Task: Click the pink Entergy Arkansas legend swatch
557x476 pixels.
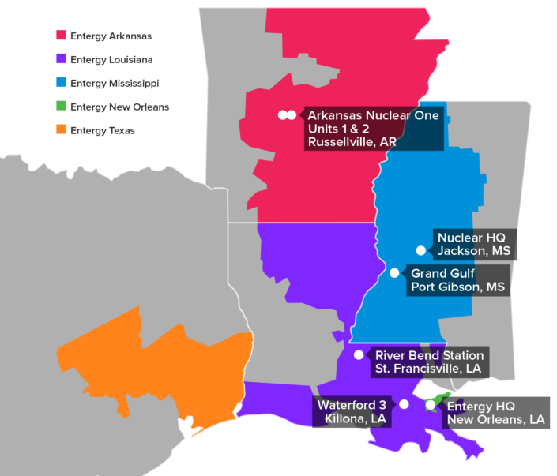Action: (60, 36)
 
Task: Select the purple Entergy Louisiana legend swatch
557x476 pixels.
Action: (60, 59)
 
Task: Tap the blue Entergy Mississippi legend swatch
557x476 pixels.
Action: (60, 83)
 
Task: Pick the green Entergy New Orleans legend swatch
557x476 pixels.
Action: (60, 107)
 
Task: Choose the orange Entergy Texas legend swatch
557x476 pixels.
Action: (60, 130)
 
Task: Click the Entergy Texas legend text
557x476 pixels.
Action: (102, 130)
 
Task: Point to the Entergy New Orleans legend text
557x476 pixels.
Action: (119, 107)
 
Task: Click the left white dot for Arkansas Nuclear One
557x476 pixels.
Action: (282, 115)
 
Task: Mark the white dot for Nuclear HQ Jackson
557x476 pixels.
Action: (421, 250)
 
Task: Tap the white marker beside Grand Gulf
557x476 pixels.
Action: (394, 273)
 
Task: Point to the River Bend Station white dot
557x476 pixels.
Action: (358, 354)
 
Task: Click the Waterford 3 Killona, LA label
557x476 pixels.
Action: (353, 412)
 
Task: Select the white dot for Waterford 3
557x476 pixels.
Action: (404, 404)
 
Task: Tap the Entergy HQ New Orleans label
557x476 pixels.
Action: (495, 412)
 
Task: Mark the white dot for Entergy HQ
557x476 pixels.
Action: (430, 405)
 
